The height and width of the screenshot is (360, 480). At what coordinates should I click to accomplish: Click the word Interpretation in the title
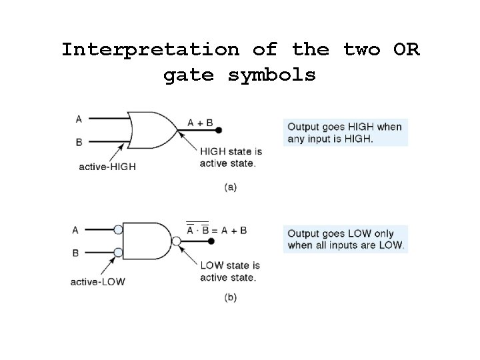coord(150,50)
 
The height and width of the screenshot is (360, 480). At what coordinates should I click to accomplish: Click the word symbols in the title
coord(272,75)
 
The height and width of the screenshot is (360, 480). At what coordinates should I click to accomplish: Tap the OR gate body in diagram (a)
coord(151,130)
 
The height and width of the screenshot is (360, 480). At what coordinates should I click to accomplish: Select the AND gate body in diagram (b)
coord(146,241)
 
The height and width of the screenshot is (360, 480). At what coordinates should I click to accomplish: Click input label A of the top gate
coord(79,119)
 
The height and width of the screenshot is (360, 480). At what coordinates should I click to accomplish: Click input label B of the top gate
coord(79,142)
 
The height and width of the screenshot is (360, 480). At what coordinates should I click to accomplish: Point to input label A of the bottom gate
coord(75,230)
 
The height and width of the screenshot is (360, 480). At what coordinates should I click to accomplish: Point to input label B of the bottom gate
coord(75,253)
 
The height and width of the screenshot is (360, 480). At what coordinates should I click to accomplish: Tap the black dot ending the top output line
coord(219,131)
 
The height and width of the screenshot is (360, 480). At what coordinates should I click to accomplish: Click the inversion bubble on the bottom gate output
coord(177,241)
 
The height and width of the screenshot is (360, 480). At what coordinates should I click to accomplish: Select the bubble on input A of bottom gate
coord(118,230)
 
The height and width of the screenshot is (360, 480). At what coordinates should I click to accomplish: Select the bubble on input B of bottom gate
coord(118,253)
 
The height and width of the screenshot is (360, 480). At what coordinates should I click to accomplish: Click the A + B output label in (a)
coord(200,123)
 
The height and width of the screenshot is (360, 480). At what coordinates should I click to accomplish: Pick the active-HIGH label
coord(107,167)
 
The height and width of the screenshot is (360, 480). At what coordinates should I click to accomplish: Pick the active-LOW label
coord(97,281)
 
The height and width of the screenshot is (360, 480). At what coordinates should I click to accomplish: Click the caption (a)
coord(230,187)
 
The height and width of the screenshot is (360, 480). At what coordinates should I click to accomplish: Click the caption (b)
coord(230,298)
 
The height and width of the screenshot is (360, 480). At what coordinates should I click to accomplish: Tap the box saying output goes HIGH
coord(345,132)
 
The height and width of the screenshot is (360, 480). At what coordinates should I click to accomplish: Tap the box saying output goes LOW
coord(345,239)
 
